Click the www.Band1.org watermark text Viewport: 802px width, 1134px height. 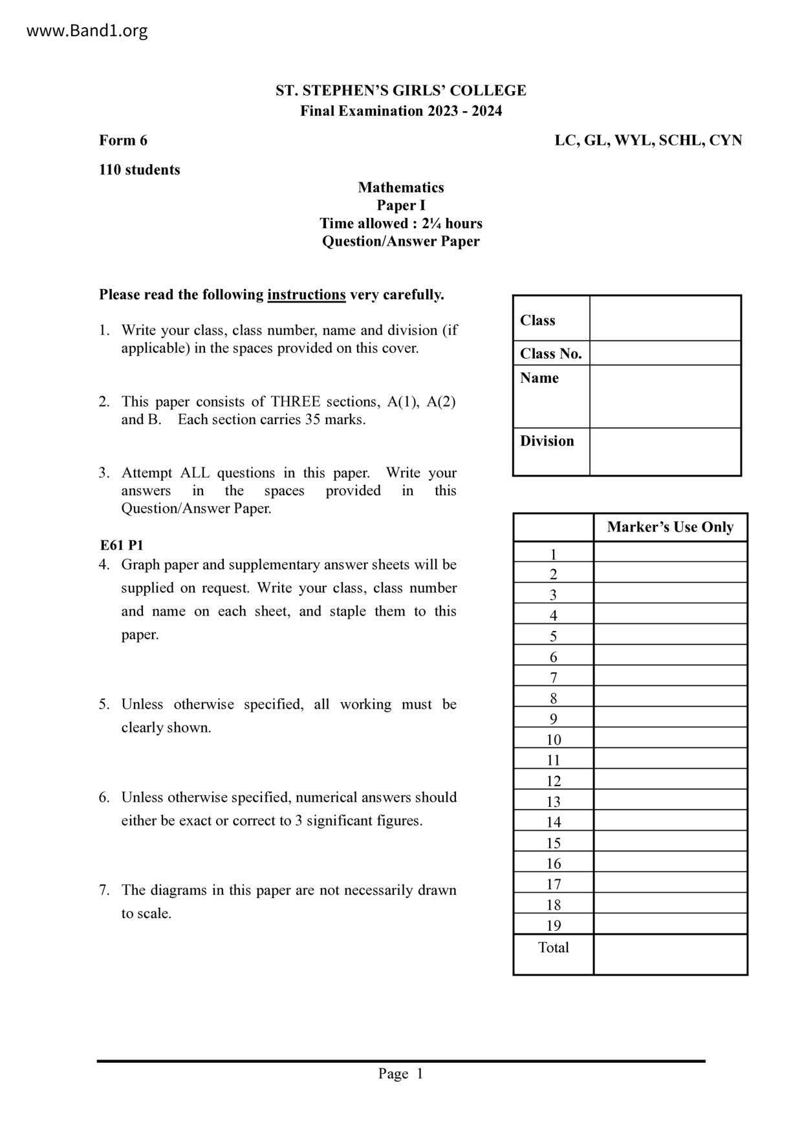[87, 31]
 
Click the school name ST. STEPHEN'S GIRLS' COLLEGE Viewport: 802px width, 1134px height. [400, 91]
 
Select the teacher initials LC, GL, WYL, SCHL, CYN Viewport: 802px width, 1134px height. [648, 140]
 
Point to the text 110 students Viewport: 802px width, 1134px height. [139, 170]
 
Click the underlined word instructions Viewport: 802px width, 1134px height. [306, 295]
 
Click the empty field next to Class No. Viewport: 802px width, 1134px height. [665, 353]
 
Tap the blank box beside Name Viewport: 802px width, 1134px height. [665, 396]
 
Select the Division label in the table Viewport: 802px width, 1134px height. [547, 441]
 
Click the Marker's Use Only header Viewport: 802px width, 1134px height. [670, 527]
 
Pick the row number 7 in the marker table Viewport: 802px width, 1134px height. [553, 678]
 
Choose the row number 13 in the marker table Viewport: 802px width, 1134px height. [553, 802]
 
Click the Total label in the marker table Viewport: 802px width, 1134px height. [553, 948]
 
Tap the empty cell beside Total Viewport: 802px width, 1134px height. [670, 954]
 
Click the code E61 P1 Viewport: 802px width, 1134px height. [121, 545]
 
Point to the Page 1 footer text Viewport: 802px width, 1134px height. [400, 1074]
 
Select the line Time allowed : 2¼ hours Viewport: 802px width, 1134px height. [400, 224]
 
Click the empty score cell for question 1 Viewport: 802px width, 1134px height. [670, 553]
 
